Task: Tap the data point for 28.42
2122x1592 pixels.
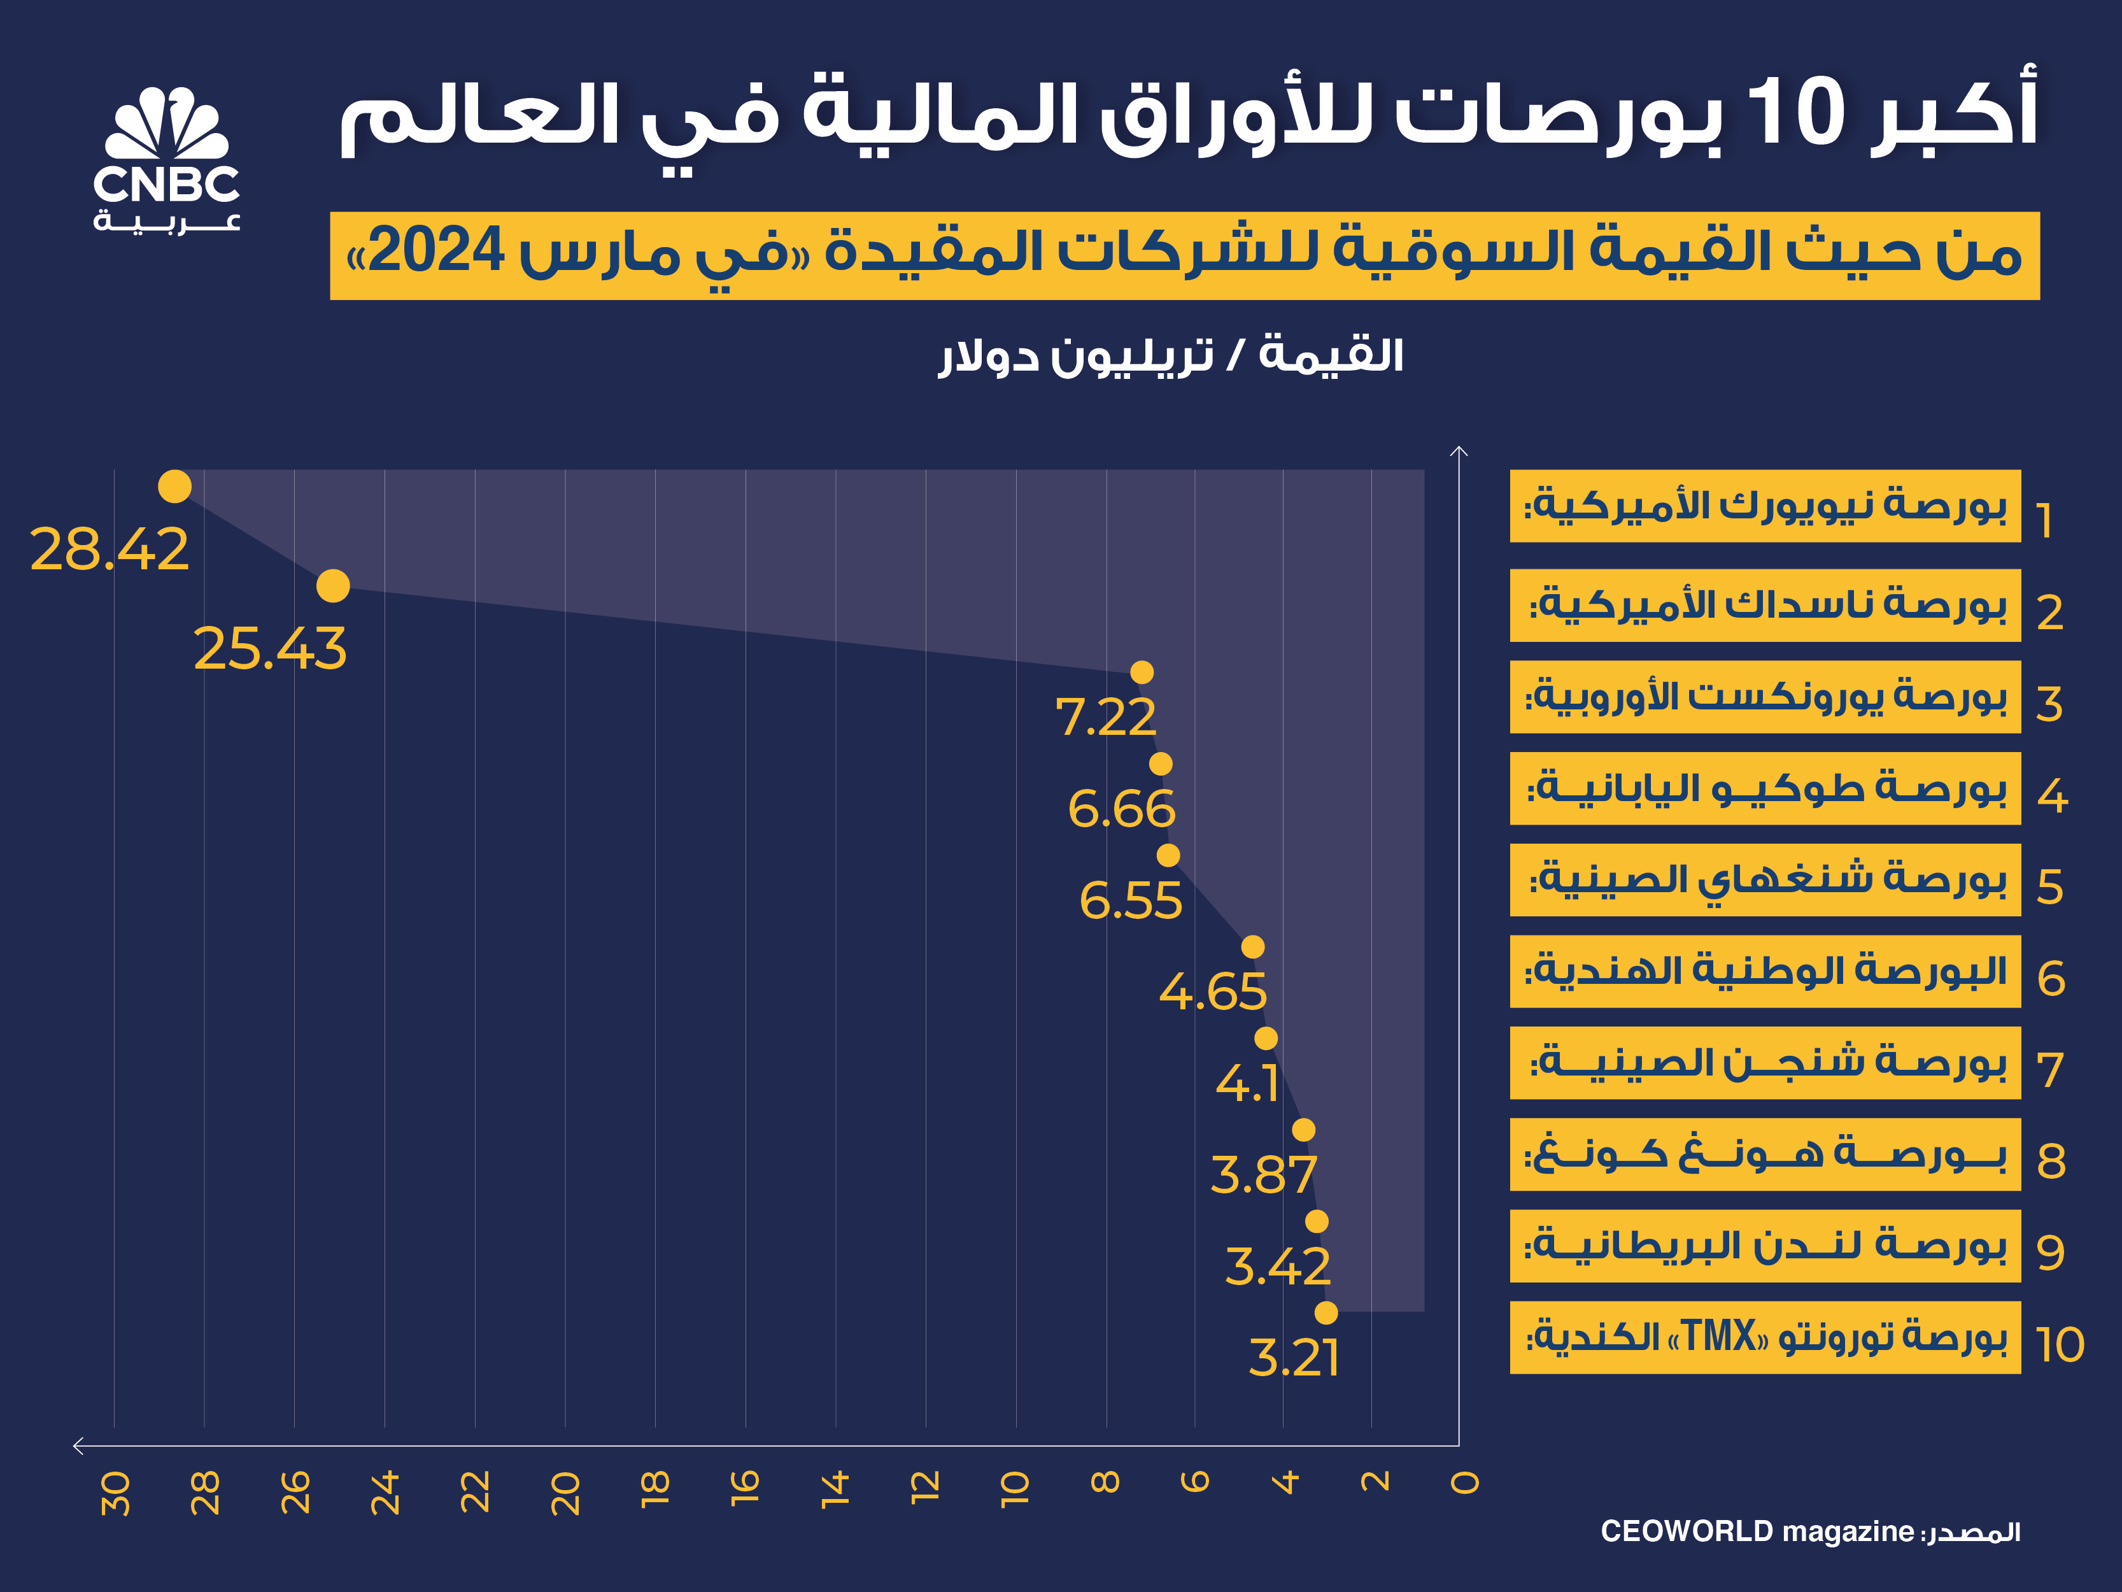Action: (174, 487)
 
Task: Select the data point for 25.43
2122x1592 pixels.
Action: (333, 585)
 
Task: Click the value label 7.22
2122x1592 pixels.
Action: (1106, 717)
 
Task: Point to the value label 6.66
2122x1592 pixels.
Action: (1121, 809)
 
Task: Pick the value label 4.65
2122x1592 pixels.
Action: (1213, 991)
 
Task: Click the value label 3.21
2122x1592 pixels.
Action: (1293, 1357)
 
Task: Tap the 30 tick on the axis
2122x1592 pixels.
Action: (115, 1493)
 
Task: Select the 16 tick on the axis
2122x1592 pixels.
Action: (746, 1486)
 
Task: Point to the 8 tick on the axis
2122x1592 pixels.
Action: (1105, 1482)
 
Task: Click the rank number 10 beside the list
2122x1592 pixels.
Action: (2059, 1344)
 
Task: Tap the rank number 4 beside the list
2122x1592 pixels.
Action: (2052, 795)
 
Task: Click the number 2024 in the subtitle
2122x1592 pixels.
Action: (437, 252)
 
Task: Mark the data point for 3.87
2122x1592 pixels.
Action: (1303, 1130)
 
